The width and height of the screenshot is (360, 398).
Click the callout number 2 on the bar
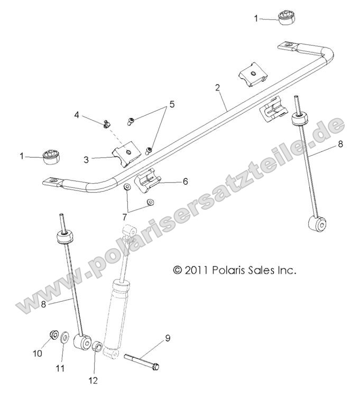(x=217, y=88)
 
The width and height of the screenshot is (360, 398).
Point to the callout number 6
(x=185, y=181)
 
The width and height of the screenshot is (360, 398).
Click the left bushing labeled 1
(x=51, y=156)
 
